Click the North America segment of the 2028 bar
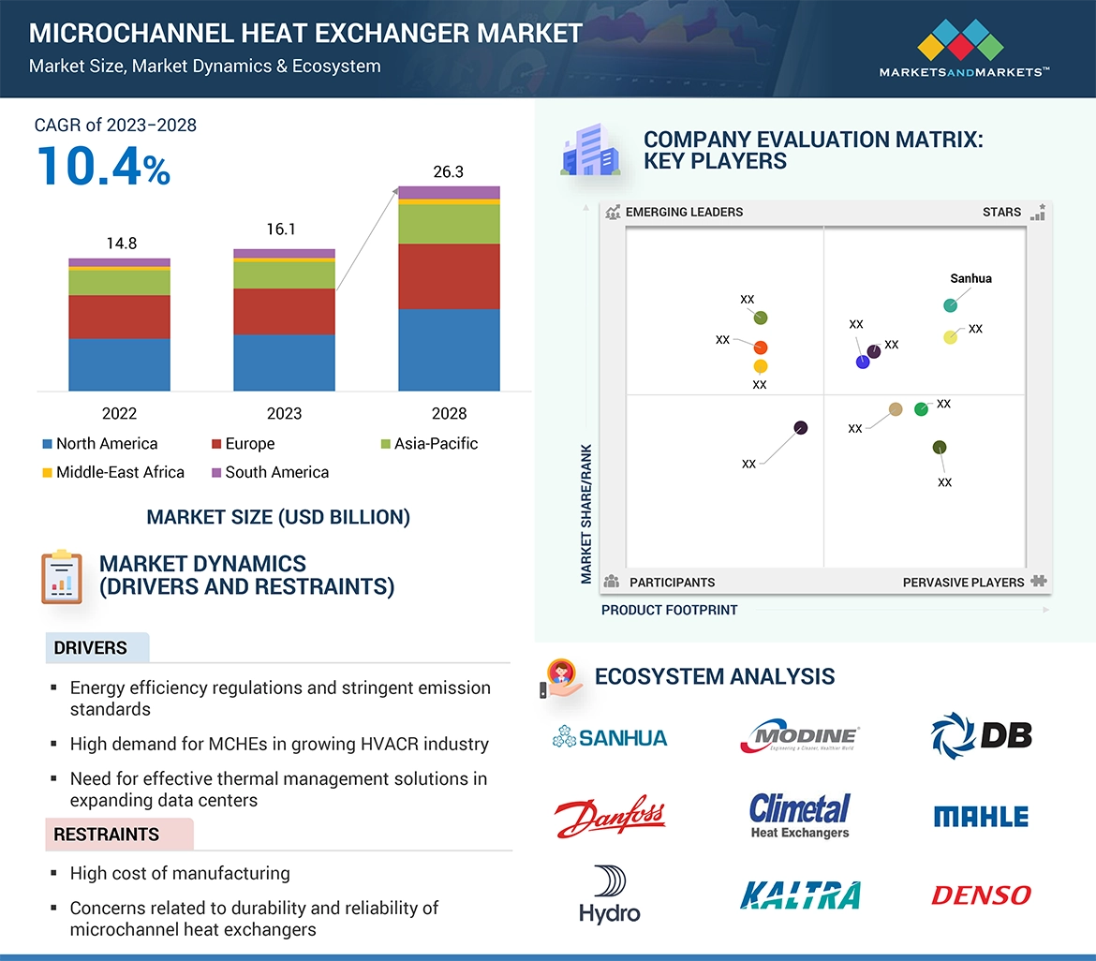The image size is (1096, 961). click(449, 349)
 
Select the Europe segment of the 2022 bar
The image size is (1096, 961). click(119, 317)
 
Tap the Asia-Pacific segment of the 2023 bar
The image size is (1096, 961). click(284, 274)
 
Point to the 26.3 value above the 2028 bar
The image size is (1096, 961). click(449, 172)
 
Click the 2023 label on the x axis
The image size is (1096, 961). click(284, 413)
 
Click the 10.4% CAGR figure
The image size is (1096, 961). click(103, 166)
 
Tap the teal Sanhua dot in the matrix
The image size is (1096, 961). click(950, 305)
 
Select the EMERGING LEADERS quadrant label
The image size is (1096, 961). click(684, 212)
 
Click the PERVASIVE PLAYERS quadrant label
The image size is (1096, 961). click(963, 583)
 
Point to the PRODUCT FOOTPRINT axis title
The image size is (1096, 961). click(669, 610)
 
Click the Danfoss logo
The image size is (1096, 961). click(609, 817)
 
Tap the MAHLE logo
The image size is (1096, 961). click(981, 817)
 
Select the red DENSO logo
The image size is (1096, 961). click(981, 894)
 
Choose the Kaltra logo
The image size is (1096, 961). click(799, 895)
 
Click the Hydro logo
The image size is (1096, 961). click(610, 894)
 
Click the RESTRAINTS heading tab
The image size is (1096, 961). click(107, 835)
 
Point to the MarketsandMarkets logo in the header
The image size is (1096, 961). click(962, 52)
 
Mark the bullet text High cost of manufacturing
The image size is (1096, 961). click(180, 873)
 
